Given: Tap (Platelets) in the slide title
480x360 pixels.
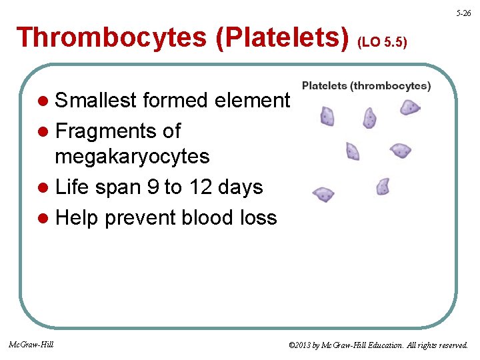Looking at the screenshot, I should tap(282, 38).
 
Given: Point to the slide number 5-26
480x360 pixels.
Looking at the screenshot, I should tap(464, 13).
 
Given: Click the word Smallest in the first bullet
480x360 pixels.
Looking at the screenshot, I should tap(97, 101).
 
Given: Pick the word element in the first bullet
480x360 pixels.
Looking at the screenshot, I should tap(252, 101).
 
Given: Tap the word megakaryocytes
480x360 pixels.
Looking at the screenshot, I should tap(132, 157).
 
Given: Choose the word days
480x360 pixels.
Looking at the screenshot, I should tap(242, 188).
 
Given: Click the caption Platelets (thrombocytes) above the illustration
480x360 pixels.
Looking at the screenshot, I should tap(366, 86).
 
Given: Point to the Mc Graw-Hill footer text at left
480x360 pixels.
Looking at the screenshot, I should tap(31, 345).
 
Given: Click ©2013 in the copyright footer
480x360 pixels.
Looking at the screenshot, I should tap(301, 345).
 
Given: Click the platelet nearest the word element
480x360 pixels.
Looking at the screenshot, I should tap(328, 116).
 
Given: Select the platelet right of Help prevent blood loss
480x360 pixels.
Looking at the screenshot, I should tap(323, 195).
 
